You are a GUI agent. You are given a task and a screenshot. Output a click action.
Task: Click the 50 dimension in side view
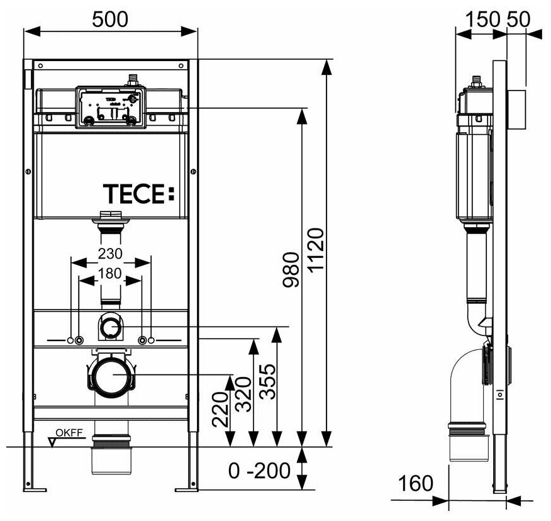[x=518, y=18]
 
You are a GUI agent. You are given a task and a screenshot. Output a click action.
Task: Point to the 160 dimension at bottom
[x=416, y=483]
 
